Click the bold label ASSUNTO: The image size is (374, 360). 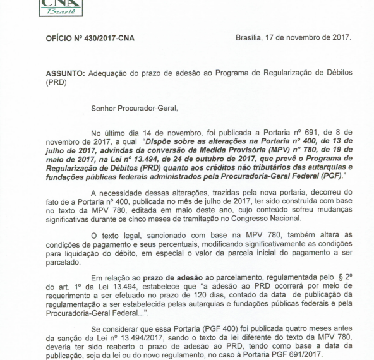point(67,74)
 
